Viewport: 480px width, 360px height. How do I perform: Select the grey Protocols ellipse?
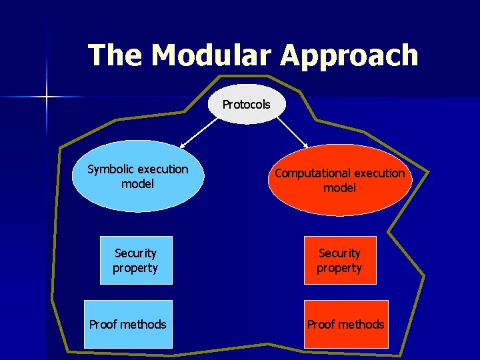pos(246,105)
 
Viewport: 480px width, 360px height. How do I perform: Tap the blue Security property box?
pos(136,261)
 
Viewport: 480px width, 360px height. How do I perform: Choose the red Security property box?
pos(340,261)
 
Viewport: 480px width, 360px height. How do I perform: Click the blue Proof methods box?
pos(128,325)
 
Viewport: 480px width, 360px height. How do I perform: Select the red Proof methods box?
pos(346,325)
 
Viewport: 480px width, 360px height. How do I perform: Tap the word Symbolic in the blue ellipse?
pos(111,169)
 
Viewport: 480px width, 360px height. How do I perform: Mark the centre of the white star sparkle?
pos(47,97)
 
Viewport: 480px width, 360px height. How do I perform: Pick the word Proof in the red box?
pos(321,325)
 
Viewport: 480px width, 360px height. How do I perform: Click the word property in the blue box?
pos(135,268)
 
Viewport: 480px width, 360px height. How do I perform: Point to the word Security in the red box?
pos(339,253)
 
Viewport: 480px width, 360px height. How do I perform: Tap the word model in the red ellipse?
pos(339,188)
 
